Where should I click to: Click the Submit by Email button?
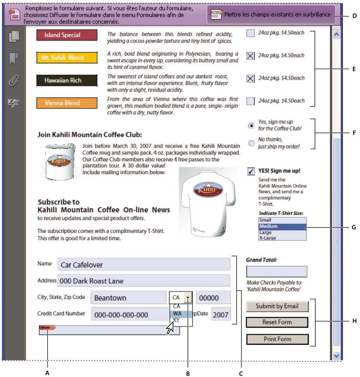click(x=277, y=306)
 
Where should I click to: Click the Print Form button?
click(x=277, y=339)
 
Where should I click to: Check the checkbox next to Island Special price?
click(x=251, y=33)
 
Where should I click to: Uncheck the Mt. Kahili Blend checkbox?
click(x=251, y=56)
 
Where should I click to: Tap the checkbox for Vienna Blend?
click(x=251, y=101)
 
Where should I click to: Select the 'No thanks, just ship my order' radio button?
click(x=252, y=143)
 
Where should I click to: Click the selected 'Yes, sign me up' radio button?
click(x=252, y=126)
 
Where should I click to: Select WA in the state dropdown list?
click(x=177, y=313)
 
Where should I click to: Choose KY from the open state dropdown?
click(x=177, y=320)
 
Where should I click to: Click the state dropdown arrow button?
click(x=188, y=298)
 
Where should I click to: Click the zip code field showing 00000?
click(x=213, y=298)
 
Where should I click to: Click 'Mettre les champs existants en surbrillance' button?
click(x=276, y=14)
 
